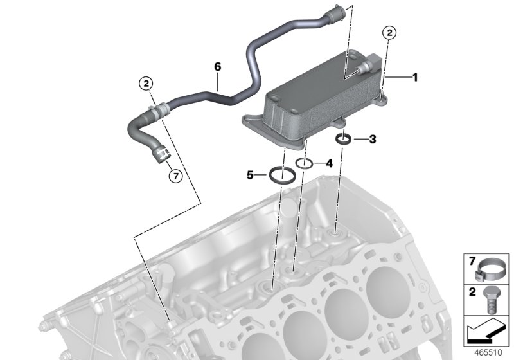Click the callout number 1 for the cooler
pyautogui.click(x=415, y=78)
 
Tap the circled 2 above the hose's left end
pyautogui.click(x=146, y=83)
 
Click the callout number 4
pyautogui.click(x=328, y=163)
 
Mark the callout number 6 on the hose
pyautogui.click(x=217, y=67)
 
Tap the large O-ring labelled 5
pyautogui.click(x=280, y=174)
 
